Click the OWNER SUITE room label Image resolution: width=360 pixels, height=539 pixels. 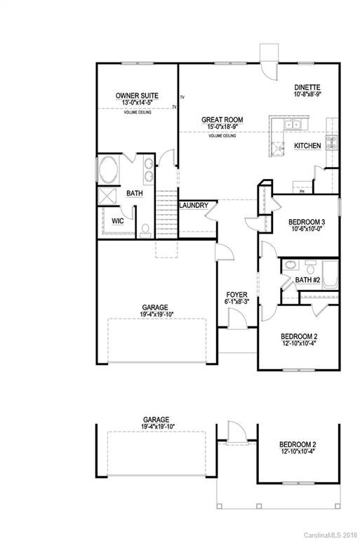pyautogui.click(x=136, y=95)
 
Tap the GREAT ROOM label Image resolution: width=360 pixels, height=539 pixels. pyautogui.click(x=222, y=120)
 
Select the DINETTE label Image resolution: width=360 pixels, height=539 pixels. pyautogui.click(x=307, y=86)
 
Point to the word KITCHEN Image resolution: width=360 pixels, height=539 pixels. pyautogui.click(x=307, y=146)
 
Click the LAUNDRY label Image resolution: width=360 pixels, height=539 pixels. pyautogui.click(x=193, y=206)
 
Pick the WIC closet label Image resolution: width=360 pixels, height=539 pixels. pyautogui.click(x=118, y=220)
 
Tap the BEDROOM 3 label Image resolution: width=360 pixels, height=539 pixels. pyautogui.click(x=307, y=222)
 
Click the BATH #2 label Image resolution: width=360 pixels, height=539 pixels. pyautogui.click(x=307, y=280)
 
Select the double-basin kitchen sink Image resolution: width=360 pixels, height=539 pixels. pyautogui.click(x=293, y=125)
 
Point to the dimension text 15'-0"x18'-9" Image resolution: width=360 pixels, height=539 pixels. pyautogui.click(x=222, y=128)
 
